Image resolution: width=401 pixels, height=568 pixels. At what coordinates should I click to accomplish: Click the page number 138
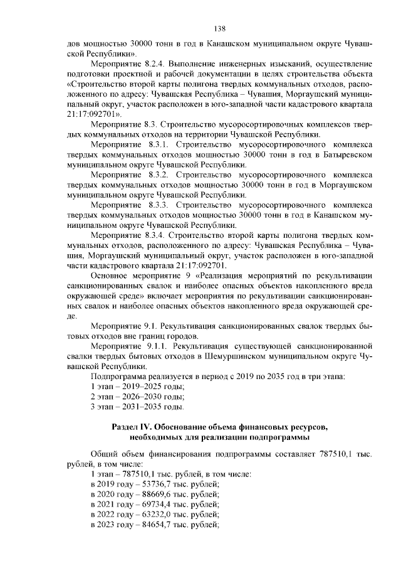219,28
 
